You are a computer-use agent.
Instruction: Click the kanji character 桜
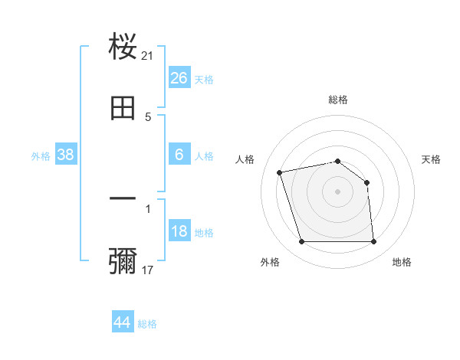tap(123, 46)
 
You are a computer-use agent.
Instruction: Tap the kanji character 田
tap(123, 108)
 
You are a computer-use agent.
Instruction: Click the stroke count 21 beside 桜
tap(148, 56)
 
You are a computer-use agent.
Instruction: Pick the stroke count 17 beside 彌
tap(148, 270)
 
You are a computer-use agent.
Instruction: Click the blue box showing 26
tap(179, 78)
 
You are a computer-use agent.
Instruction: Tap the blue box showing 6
tap(179, 155)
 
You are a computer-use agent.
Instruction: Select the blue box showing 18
tap(179, 232)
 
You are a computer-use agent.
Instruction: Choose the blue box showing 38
tap(66, 155)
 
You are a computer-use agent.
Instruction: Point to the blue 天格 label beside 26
tap(204, 80)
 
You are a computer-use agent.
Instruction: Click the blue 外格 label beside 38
tap(41, 156)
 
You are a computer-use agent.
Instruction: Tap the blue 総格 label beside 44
tap(147, 324)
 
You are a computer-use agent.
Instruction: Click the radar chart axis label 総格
tap(338, 100)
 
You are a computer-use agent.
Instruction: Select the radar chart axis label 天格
tap(432, 159)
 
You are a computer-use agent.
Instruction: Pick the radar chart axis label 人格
tap(245, 159)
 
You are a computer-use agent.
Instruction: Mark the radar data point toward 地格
tap(374, 242)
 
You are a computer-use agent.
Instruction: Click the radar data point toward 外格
tap(302, 242)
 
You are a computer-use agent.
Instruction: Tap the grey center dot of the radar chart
tap(338, 191)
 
